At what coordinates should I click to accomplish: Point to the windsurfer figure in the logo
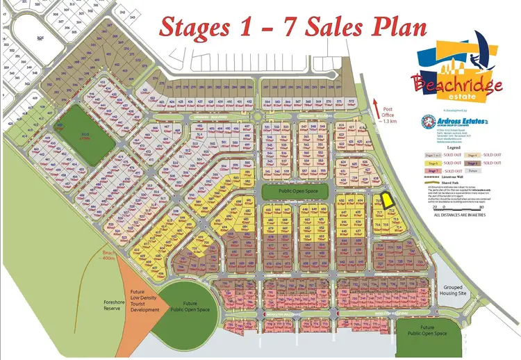486,45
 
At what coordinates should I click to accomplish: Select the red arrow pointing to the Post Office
376,108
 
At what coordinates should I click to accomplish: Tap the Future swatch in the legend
472,170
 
